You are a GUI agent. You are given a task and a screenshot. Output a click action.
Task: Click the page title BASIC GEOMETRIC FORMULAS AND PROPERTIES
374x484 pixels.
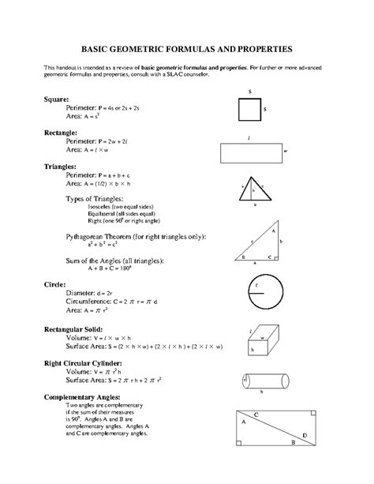tap(188, 48)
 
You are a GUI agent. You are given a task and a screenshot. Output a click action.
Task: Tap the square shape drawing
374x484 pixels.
tap(249, 109)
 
